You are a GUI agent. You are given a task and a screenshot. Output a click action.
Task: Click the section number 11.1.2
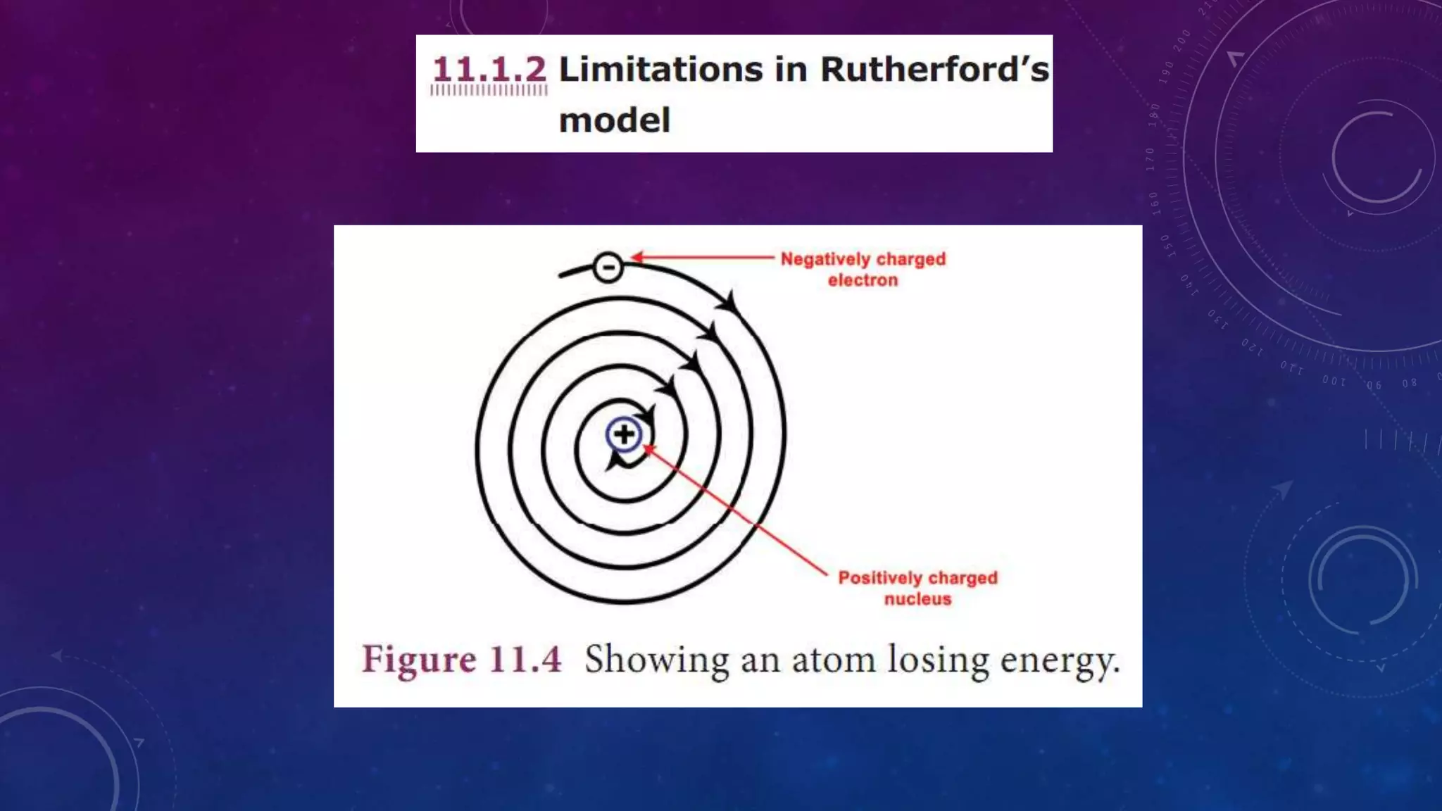point(489,70)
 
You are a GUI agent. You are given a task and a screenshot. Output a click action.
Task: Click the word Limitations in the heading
point(660,70)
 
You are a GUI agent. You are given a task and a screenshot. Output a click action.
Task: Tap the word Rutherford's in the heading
point(934,70)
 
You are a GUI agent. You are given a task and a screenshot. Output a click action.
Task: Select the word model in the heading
point(614,120)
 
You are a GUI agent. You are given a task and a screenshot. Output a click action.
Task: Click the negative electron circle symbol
point(608,268)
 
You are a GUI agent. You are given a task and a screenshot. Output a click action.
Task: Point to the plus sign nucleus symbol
point(624,434)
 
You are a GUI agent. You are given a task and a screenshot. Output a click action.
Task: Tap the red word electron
point(863,280)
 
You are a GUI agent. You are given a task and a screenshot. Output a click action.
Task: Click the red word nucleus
point(917,599)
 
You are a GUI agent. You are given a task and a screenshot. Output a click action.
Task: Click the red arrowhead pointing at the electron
point(636,257)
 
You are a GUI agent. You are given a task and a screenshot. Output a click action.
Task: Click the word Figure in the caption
point(419,660)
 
